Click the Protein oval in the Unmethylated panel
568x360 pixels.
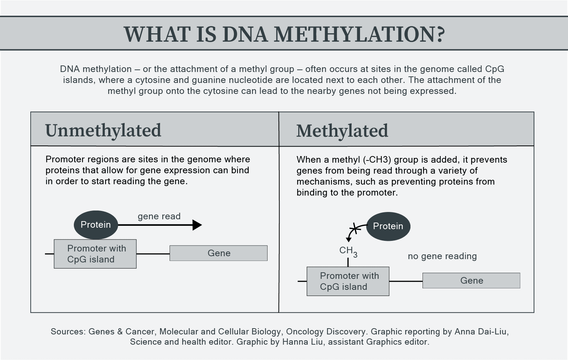(96, 225)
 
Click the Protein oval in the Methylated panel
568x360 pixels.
(388, 226)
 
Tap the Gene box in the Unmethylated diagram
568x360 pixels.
(219, 253)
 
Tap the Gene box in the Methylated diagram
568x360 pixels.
(472, 281)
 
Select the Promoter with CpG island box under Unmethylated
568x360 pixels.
(95, 254)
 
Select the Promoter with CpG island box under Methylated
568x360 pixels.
(348, 281)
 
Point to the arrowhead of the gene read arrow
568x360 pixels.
(197, 225)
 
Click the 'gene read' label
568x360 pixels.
(159, 216)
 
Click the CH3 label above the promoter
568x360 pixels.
(348, 251)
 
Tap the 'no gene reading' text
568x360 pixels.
(442, 256)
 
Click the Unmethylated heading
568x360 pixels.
(103, 130)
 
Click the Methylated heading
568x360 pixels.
(342, 131)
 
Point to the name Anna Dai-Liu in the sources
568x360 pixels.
(481, 331)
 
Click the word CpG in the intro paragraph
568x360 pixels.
(495, 69)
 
